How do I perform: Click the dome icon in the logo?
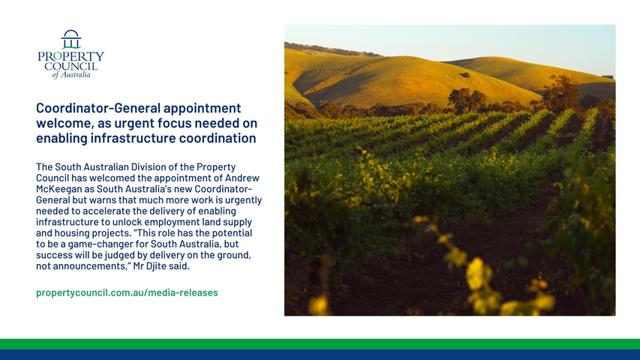click(x=71, y=39)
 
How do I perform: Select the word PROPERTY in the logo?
click(x=71, y=56)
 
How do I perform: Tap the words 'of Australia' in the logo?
click(x=71, y=75)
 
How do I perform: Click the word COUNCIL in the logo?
click(x=71, y=66)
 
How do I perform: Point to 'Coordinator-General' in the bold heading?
click(x=98, y=108)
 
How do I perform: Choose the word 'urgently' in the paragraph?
click(x=243, y=200)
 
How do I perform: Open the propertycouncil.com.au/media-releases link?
click(x=127, y=292)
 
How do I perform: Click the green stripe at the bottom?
click(x=320, y=344)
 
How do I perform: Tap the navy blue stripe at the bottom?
click(x=320, y=355)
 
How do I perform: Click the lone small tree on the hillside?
click(x=464, y=75)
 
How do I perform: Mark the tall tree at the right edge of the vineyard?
click(x=563, y=93)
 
